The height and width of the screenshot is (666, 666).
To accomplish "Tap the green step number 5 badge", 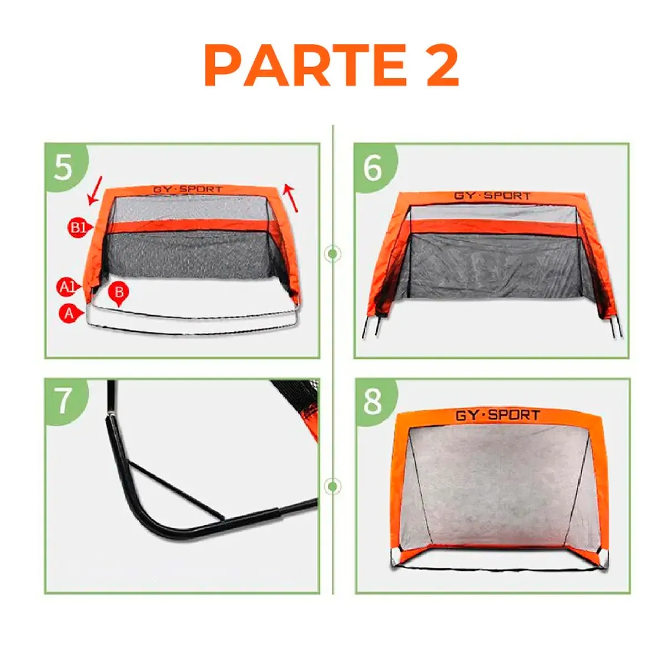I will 63,166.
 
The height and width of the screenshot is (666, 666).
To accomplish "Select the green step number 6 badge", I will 373,166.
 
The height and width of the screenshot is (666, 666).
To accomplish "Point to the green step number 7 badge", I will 63,400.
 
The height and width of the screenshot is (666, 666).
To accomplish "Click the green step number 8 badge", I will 373,400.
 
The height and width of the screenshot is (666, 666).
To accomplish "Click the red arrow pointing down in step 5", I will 95,190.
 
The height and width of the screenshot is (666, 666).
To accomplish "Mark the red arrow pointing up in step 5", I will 290,198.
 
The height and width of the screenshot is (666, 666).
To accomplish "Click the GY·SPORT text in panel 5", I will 187,190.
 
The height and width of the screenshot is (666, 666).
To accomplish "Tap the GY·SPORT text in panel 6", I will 492,196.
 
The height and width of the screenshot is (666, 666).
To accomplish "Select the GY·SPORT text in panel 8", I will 497,415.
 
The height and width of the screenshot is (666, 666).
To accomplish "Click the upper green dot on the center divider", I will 332,254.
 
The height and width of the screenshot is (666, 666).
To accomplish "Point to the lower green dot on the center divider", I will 332,487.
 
